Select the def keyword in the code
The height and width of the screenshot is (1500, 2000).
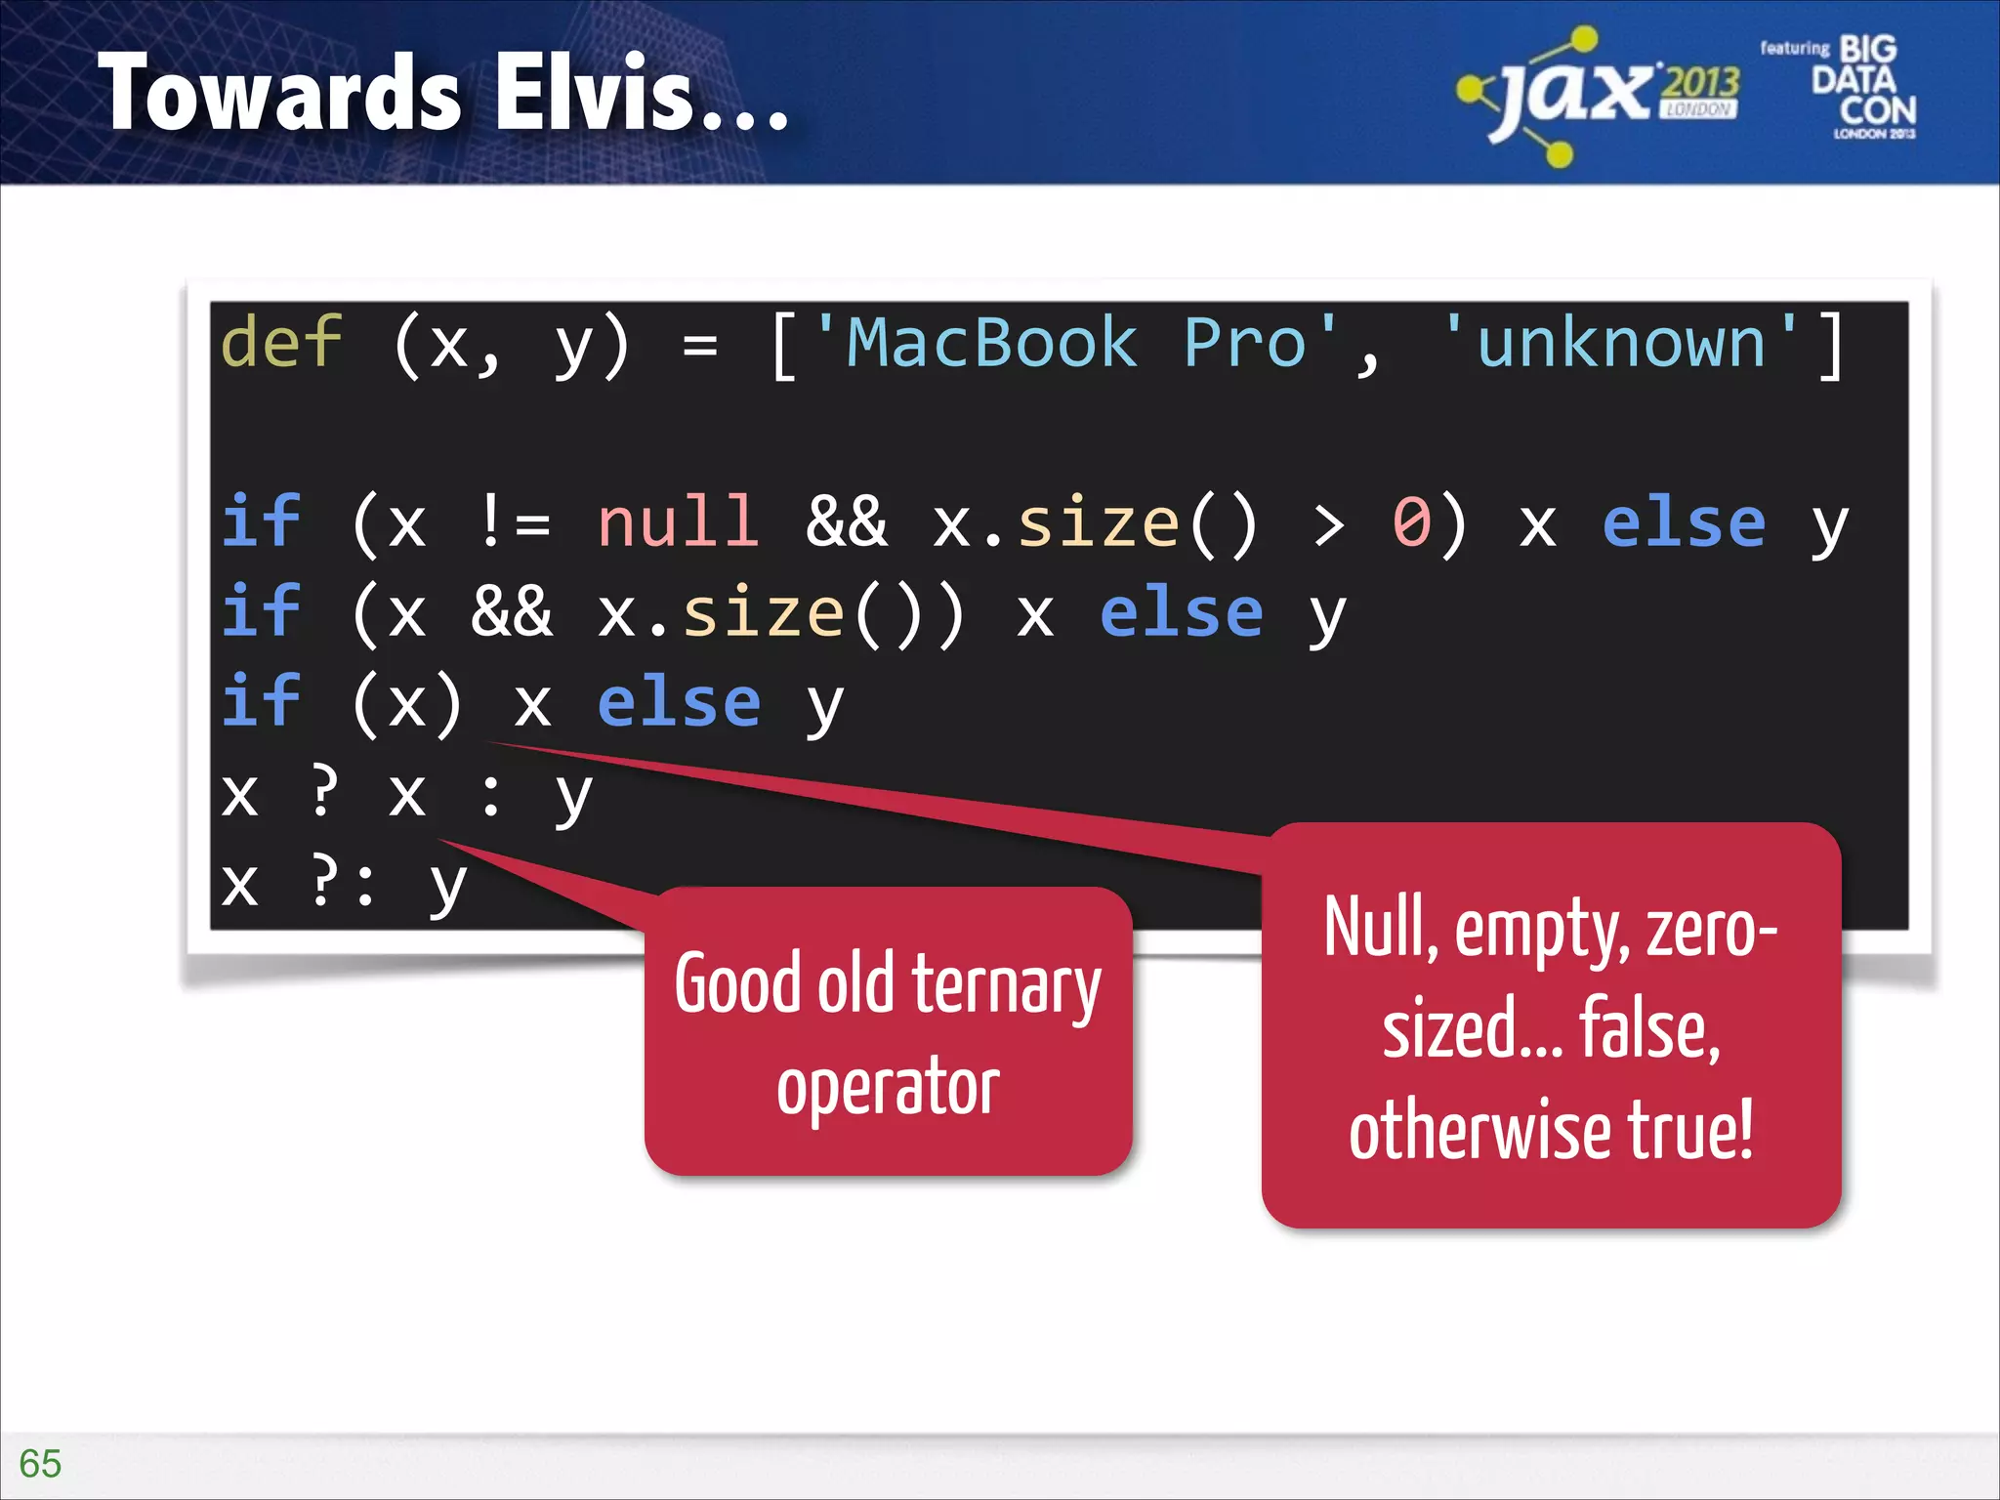[x=281, y=344]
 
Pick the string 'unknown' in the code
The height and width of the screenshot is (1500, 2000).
[x=1620, y=344]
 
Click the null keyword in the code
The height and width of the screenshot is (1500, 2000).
[x=678, y=522]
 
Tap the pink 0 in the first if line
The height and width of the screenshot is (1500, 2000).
[x=1411, y=522]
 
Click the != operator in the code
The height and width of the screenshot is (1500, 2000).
[x=516, y=522]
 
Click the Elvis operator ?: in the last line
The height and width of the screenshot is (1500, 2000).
[x=343, y=882]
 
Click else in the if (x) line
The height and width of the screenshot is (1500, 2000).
[x=679, y=703]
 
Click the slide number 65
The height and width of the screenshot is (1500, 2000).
[x=40, y=1463]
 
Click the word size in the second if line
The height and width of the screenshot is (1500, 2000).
[x=762, y=613]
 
